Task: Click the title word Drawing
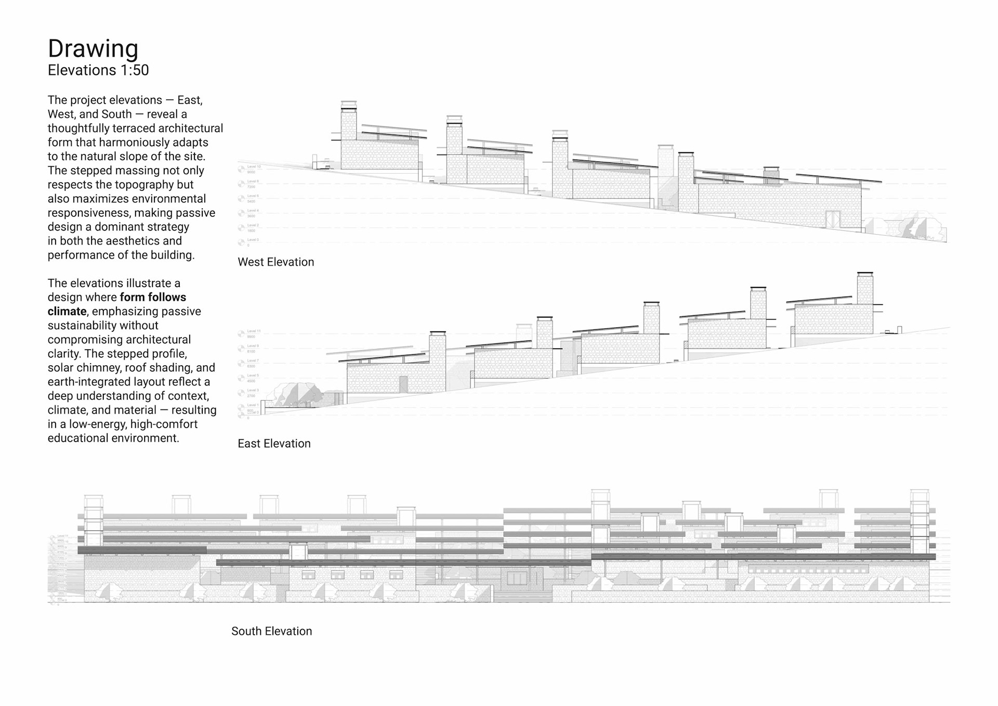click(x=93, y=49)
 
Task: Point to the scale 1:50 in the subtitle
click(x=135, y=70)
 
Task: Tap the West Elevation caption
click(x=275, y=262)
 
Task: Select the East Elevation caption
click(x=274, y=444)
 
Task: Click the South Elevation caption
click(x=271, y=631)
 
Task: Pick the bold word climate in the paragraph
click(x=67, y=312)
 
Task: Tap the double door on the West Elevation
click(x=833, y=219)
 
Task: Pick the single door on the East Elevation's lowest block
click(x=403, y=384)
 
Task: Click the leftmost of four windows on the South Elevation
click(x=308, y=575)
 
